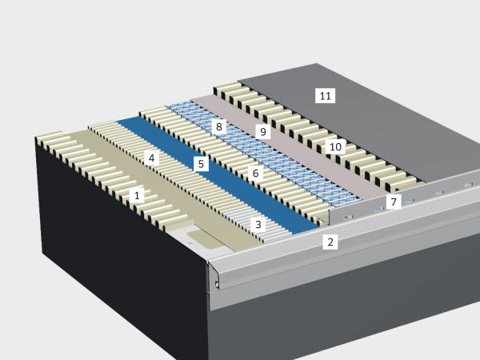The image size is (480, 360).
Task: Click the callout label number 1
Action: (x=137, y=195)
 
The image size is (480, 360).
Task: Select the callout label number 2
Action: (x=330, y=242)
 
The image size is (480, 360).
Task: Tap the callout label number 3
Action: (x=258, y=225)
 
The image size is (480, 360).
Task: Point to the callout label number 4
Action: (x=151, y=158)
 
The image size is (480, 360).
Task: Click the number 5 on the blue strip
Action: (x=201, y=164)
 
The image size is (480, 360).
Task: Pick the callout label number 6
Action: (x=256, y=174)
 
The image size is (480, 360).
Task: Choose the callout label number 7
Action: (x=394, y=202)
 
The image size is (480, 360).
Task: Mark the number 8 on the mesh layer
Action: (x=219, y=126)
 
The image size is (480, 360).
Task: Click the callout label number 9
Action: (x=263, y=132)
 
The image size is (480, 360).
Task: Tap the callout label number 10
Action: (x=335, y=147)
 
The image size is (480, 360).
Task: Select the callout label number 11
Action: (x=325, y=96)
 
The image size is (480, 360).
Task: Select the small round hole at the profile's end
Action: (x=217, y=284)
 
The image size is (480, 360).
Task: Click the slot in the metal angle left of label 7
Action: (x=378, y=209)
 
